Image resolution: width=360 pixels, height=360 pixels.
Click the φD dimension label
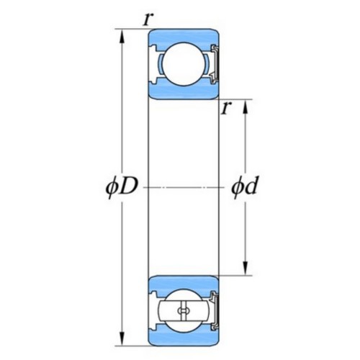[x=122, y=187]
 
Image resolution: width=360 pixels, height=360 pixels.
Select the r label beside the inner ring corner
[x=227, y=108]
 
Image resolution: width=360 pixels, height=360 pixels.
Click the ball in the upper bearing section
[x=184, y=64]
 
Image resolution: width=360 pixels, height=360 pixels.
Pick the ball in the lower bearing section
[x=184, y=310]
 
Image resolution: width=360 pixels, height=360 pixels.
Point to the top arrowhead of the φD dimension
[x=122, y=37]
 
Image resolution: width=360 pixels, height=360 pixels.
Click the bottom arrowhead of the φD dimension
[x=122, y=338]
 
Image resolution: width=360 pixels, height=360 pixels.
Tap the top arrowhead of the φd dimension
[x=245, y=107]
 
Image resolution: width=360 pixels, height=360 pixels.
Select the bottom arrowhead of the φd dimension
[x=245, y=269]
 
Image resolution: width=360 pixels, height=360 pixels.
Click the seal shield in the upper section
[x=215, y=64]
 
